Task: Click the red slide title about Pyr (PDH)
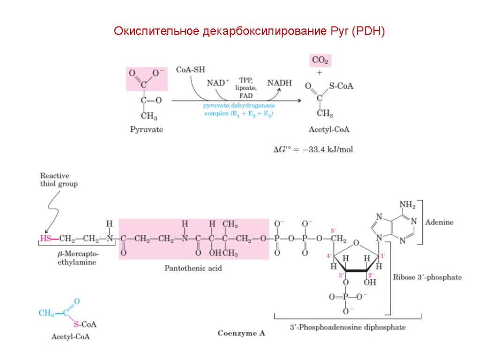[249, 32]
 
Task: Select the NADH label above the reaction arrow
[279, 83]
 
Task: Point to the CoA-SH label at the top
[190, 70]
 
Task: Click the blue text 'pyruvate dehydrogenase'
[239, 106]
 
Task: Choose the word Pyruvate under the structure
[146, 130]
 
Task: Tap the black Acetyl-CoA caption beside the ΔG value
[329, 130]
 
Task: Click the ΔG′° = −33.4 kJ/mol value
[313, 150]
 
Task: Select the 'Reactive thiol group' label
[59, 180]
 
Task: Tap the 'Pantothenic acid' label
[193, 269]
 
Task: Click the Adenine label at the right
[439, 223]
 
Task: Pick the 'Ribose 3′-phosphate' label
[427, 277]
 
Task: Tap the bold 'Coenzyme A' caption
[241, 333]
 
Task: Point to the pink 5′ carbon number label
[334, 231]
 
